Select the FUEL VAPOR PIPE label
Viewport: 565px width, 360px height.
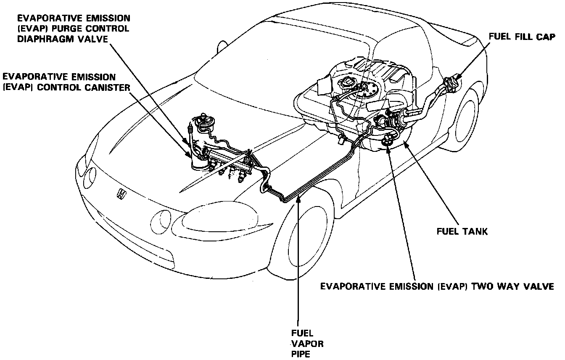pyautogui.click(x=307, y=343)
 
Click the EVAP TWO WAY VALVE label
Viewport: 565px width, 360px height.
pyautogui.click(x=437, y=286)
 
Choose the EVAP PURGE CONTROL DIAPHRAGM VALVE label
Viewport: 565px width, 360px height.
pyautogui.click(x=74, y=29)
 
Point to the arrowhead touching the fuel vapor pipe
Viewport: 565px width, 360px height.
pyautogui.click(x=298, y=199)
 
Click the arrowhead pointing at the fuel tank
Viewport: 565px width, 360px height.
pyautogui.click(x=405, y=146)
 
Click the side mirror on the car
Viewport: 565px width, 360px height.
pyautogui.click(x=221, y=47)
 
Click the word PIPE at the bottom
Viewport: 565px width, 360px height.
pyautogui.click(x=301, y=354)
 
